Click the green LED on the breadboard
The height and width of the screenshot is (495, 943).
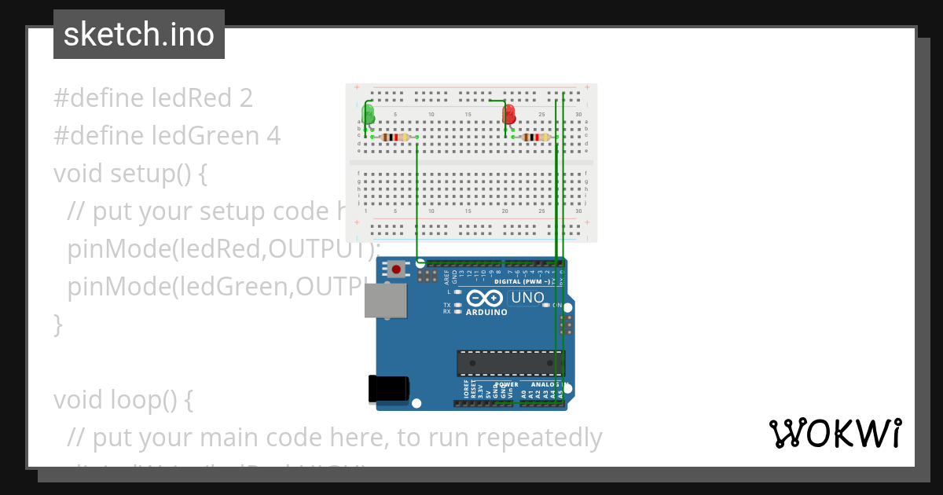tap(368, 115)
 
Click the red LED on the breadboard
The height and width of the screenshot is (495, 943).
tap(509, 114)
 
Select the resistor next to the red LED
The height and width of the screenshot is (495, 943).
tap(535, 137)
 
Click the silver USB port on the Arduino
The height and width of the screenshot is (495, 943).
tap(386, 300)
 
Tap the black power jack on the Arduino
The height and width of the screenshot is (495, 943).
tap(388, 388)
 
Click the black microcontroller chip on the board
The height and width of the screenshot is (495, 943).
tap(510, 363)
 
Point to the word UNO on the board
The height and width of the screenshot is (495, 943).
tap(527, 298)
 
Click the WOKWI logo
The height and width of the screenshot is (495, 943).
tap(835, 433)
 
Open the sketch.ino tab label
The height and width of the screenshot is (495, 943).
tap(139, 35)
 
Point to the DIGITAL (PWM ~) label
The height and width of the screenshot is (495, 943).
tap(521, 281)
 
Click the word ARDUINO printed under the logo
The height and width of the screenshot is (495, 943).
tap(486, 312)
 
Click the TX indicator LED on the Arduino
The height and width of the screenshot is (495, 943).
tap(458, 304)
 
